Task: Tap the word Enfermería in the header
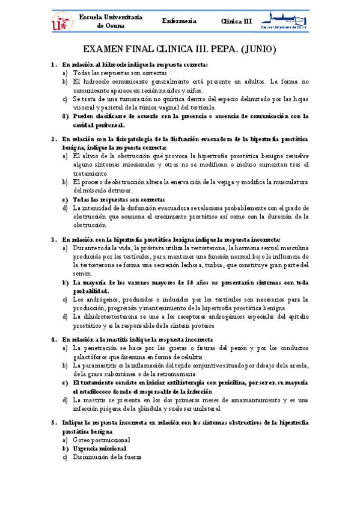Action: pyautogui.click(x=180, y=21)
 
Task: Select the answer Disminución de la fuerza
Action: pyautogui.click(x=107, y=458)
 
